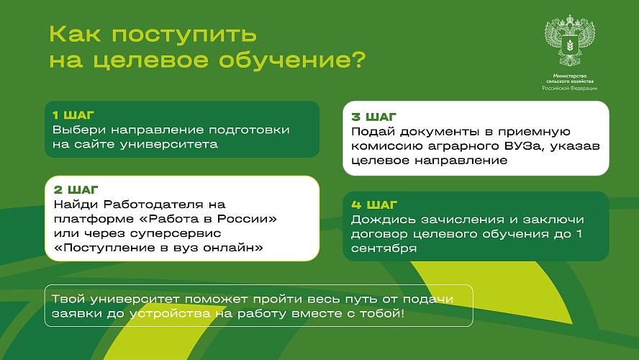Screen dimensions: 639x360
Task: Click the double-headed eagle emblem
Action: coord(569,40)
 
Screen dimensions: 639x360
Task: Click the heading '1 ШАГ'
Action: coord(73,115)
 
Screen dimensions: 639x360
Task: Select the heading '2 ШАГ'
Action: coord(76,190)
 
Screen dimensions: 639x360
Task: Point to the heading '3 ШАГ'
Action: coord(373,117)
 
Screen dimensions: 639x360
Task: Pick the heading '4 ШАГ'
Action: coord(374,204)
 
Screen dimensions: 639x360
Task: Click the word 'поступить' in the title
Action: coord(184,35)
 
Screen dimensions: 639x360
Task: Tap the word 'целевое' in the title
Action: coord(153,60)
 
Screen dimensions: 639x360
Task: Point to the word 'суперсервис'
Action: coord(176,233)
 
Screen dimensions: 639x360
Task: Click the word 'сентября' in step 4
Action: coord(384,248)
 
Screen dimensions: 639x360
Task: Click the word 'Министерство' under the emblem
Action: coord(570,76)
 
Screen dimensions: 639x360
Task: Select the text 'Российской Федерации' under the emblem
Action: coord(570,88)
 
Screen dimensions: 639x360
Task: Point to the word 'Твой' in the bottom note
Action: coord(68,299)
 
